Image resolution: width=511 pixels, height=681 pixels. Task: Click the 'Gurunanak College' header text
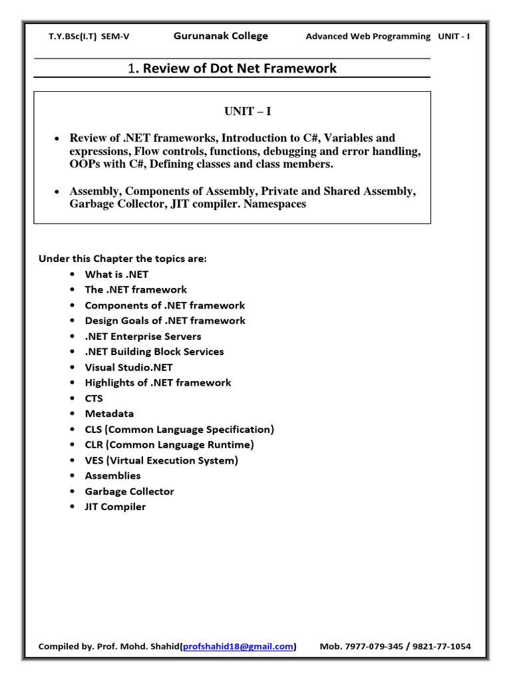[221, 36]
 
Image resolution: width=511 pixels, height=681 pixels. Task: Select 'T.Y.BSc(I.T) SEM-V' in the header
[85, 37]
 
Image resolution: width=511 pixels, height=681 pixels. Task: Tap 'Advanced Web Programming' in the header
[368, 37]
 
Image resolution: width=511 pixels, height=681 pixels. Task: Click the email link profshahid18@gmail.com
[238, 646]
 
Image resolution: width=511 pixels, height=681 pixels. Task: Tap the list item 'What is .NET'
[112, 274]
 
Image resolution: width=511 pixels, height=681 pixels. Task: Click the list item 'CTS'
[94, 398]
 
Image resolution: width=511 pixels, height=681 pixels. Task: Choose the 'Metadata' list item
[109, 414]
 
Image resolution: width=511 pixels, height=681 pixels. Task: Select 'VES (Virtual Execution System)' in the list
[161, 460]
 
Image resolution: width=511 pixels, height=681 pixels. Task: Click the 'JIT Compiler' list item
[115, 507]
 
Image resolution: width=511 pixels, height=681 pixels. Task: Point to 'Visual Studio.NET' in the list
[128, 367]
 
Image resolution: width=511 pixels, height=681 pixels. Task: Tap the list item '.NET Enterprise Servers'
[143, 336]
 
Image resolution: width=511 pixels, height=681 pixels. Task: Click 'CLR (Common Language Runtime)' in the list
[169, 445]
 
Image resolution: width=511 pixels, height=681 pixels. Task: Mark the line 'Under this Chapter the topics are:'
[122, 259]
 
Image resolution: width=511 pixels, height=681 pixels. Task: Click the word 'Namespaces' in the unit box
[274, 205]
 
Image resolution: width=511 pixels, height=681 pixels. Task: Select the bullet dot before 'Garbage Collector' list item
[72, 492]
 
